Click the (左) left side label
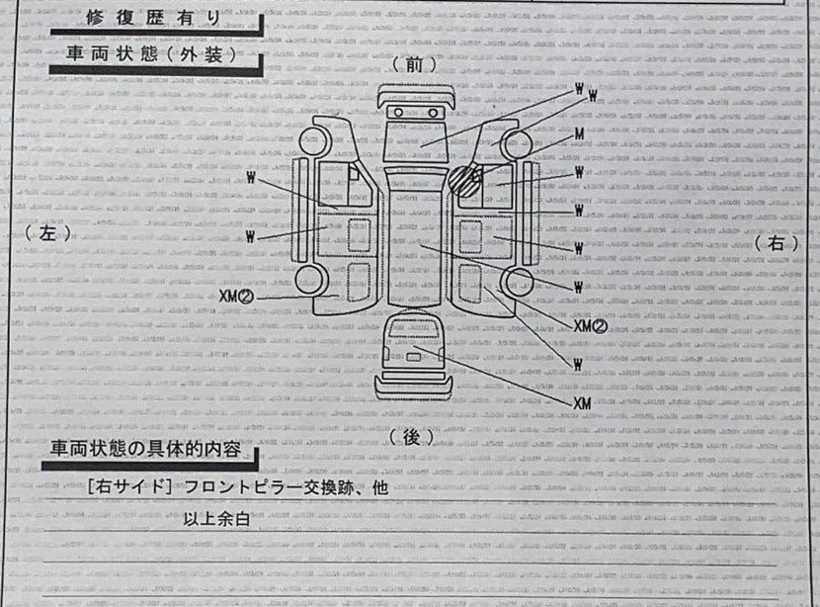click(51, 233)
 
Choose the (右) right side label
click(776, 241)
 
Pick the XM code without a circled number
click(582, 403)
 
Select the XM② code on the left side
click(237, 296)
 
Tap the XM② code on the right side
click(589, 325)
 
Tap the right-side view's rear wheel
click(515, 284)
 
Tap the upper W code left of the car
click(253, 179)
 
